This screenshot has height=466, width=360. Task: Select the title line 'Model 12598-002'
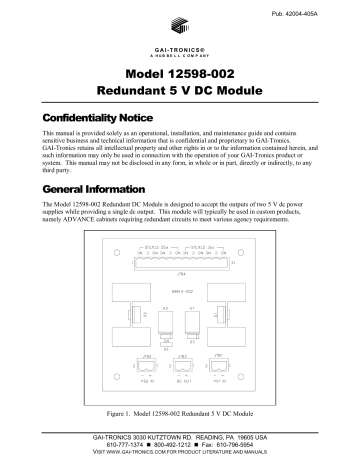pyautogui.click(x=179, y=76)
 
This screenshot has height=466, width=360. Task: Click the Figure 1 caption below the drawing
pyautogui.click(x=179, y=413)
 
